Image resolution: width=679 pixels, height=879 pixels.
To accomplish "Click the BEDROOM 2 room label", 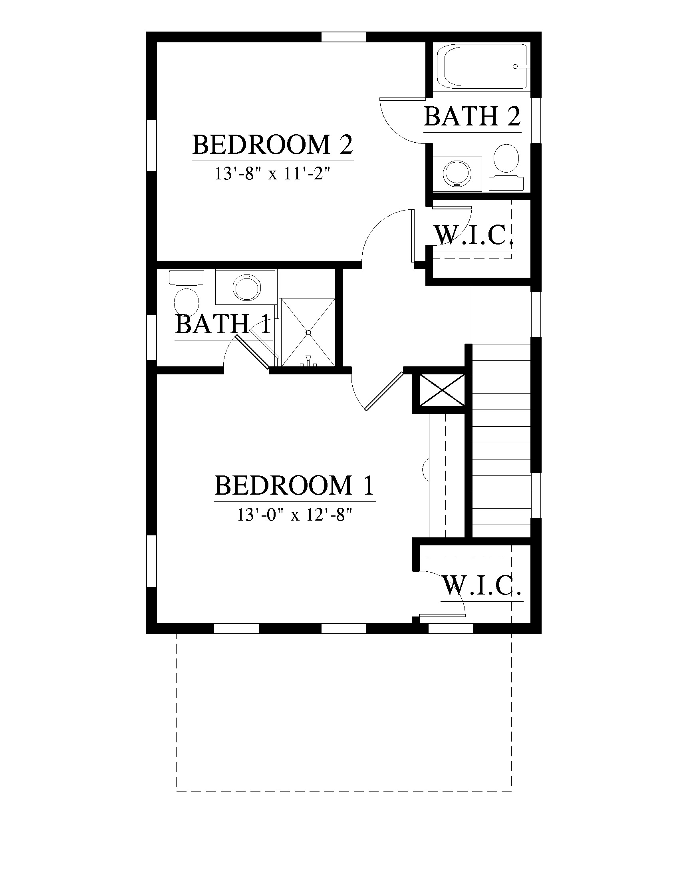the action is [273, 145].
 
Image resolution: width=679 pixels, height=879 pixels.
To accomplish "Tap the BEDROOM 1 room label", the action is [294, 485].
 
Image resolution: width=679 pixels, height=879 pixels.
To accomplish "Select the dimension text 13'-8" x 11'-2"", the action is [272, 174].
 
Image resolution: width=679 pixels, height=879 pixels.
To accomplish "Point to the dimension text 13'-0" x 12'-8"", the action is [294, 514].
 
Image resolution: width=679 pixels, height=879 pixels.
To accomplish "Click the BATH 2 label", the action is [472, 117].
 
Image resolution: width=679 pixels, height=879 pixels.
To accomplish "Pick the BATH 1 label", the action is [224, 324].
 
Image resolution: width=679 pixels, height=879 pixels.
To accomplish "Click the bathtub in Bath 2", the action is [485, 66].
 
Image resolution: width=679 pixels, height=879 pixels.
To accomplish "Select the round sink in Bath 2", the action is [457, 173].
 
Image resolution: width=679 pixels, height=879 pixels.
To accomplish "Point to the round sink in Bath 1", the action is [246, 287].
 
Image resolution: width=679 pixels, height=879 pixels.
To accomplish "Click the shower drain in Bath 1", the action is [308, 333].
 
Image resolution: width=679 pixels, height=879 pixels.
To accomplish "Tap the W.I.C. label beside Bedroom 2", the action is [474, 235].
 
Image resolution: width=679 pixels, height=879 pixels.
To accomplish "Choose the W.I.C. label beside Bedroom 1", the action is [482, 586].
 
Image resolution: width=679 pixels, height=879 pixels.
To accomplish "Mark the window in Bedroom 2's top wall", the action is [344, 37].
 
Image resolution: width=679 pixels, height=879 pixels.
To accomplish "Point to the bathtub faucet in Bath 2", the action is [520, 66].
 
